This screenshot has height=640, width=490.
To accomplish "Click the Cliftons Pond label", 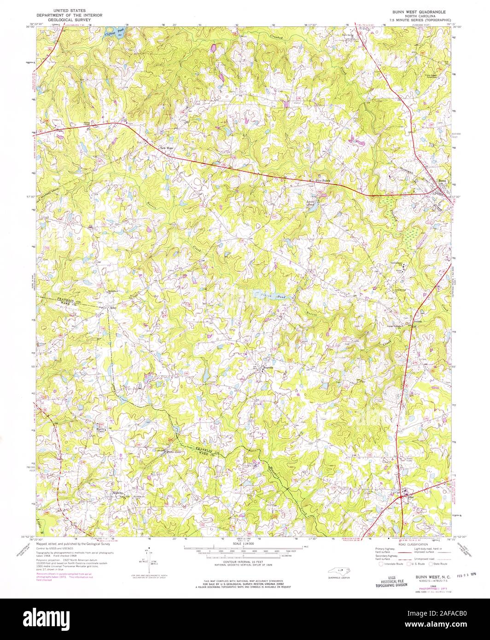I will coord(112,32).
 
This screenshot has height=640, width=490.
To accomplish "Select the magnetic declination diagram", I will coord(148,558).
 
